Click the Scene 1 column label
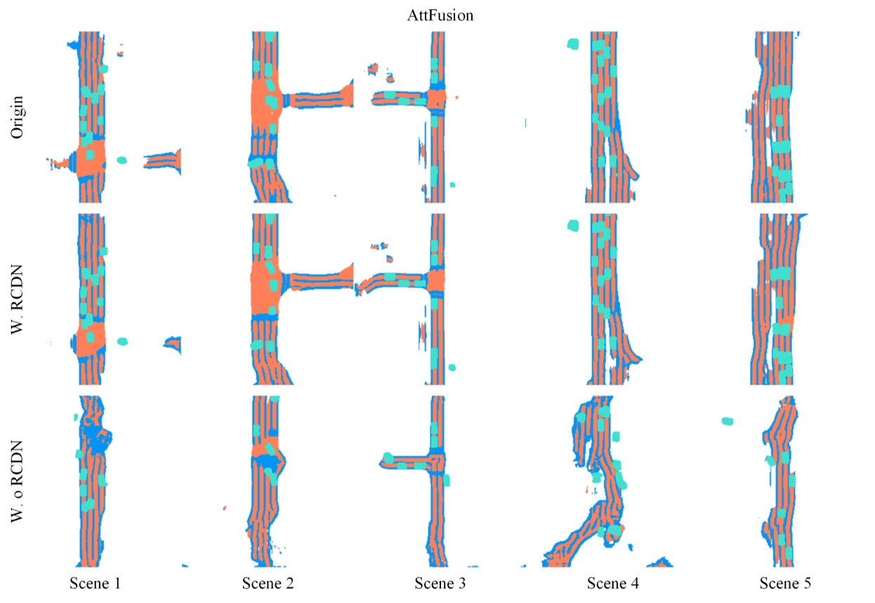click(96, 583)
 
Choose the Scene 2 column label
click(268, 583)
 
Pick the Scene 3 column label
click(440, 583)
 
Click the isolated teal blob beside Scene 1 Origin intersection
click(121, 160)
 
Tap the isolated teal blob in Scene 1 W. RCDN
click(122, 342)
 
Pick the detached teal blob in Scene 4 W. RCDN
click(572, 225)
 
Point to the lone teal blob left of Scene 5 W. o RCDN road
click(728, 420)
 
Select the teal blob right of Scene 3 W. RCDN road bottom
click(452, 367)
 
